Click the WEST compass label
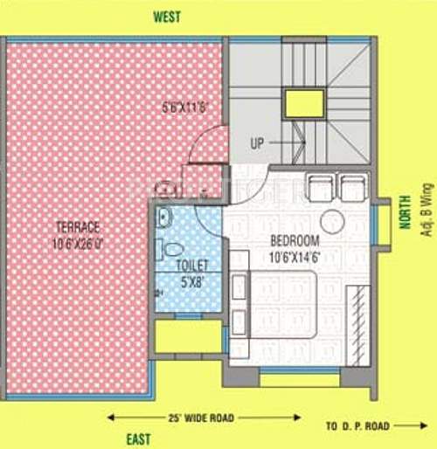tap(166, 17)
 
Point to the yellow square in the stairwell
tap(303, 103)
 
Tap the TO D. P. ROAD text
tap(357, 425)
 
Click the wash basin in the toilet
tap(163, 219)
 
